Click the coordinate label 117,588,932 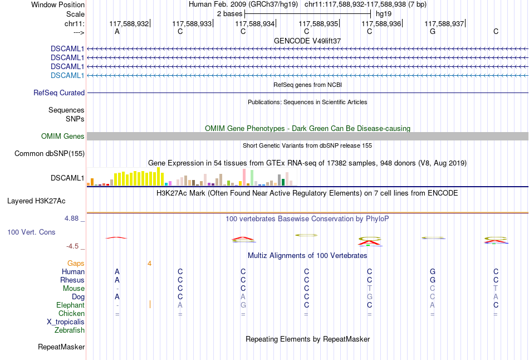coord(129,24)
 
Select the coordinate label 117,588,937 coord(444,24)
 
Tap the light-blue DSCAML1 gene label coord(67,75)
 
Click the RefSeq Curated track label coord(59,93)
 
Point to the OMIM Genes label coord(63,137)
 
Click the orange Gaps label coord(76,263)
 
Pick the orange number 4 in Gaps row coord(149,263)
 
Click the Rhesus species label coord(72,280)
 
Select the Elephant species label coord(70,305)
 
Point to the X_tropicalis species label coord(66,322)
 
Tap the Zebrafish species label coord(70,330)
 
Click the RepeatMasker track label coord(61,347)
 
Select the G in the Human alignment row coord(432,271)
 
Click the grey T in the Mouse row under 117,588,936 coord(369,289)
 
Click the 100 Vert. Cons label coord(32,232)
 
